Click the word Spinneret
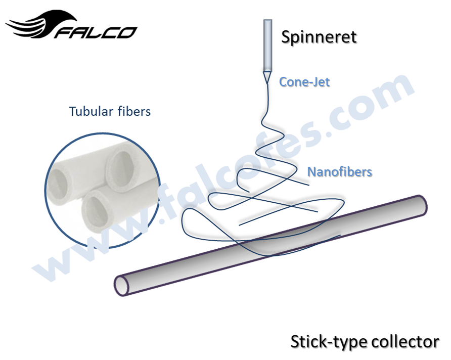[x=319, y=37]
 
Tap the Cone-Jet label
[x=304, y=81]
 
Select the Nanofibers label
[x=340, y=172]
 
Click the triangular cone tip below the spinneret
[x=266, y=76]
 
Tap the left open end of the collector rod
[x=122, y=285]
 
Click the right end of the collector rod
[x=420, y=204]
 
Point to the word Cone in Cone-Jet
[x=293, y=81]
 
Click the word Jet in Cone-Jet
[x=320, y=81]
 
